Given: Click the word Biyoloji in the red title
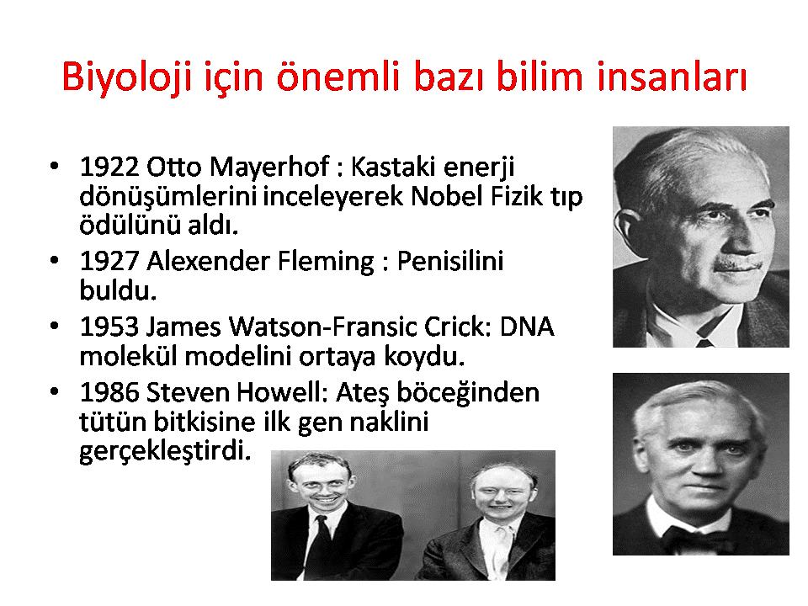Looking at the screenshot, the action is click(127, 78).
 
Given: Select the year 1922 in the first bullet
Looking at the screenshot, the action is click(109, 167).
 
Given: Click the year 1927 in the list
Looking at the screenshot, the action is click(109, 261).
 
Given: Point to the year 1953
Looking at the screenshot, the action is click(109, 327).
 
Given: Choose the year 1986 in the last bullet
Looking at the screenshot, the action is click(109, 392).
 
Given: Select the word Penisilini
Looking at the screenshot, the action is click(449, 261).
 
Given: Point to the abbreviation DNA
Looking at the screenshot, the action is click(527, 327).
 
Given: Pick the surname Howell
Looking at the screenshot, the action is click(283, 392).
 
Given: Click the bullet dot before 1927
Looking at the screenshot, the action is click(54, 260).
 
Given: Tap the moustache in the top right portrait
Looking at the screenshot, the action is click(737, 265).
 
